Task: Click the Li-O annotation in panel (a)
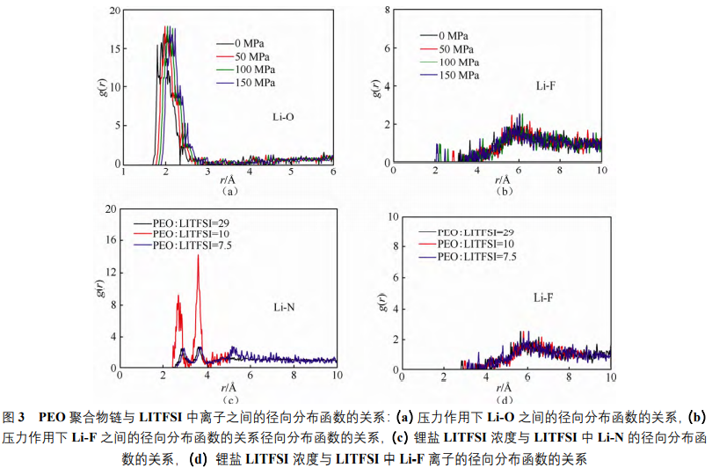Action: [x=282, y=114]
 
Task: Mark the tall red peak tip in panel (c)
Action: [x=198, y=256]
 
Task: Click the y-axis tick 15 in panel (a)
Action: [x=114, y=49]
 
